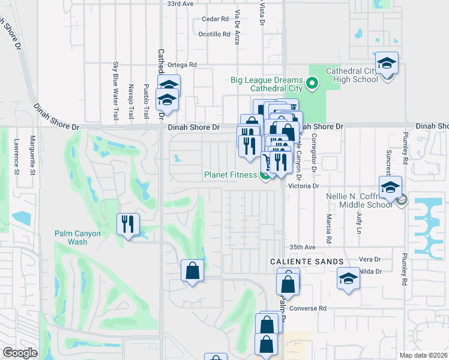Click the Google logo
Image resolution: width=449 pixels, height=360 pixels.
[20, 353]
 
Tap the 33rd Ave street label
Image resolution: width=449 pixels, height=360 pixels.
[180, 4]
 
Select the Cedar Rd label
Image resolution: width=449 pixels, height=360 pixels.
[215, 19]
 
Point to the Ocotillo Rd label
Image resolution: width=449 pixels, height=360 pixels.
[214, 34]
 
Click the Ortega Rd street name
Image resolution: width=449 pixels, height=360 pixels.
[182, 65]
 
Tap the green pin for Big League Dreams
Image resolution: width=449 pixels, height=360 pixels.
[312, 83]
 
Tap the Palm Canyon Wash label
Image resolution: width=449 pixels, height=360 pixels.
[79, 238]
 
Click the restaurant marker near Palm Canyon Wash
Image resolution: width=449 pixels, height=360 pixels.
[128, 224]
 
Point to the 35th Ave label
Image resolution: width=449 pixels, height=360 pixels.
[302, 247]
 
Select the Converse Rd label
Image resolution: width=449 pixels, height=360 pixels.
[307, 308]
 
